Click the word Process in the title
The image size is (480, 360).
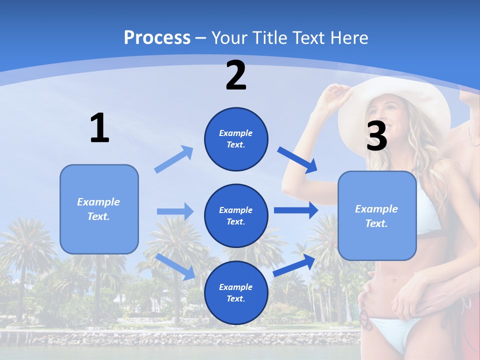[x=157, y=38]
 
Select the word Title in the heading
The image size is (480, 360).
[x=270, y=38]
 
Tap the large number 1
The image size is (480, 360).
[x=99, y=128]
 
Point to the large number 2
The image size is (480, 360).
[x=236, y=75]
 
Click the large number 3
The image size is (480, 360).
[x=376, y=136]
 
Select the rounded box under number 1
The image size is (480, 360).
[x=99, y=209]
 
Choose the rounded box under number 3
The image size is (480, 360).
[x=377, y=215]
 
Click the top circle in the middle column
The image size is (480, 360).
[x=236, y=139]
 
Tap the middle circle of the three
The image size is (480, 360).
[x=236, y=215]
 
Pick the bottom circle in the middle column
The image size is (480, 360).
[x=236, y=292]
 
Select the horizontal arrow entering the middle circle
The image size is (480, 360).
[x=175, y=211]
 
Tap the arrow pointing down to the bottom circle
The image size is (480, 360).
[x=176, y=265]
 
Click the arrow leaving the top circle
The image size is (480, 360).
[x=298, y=160]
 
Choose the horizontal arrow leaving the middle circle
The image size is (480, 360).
[x=296, y=210]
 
